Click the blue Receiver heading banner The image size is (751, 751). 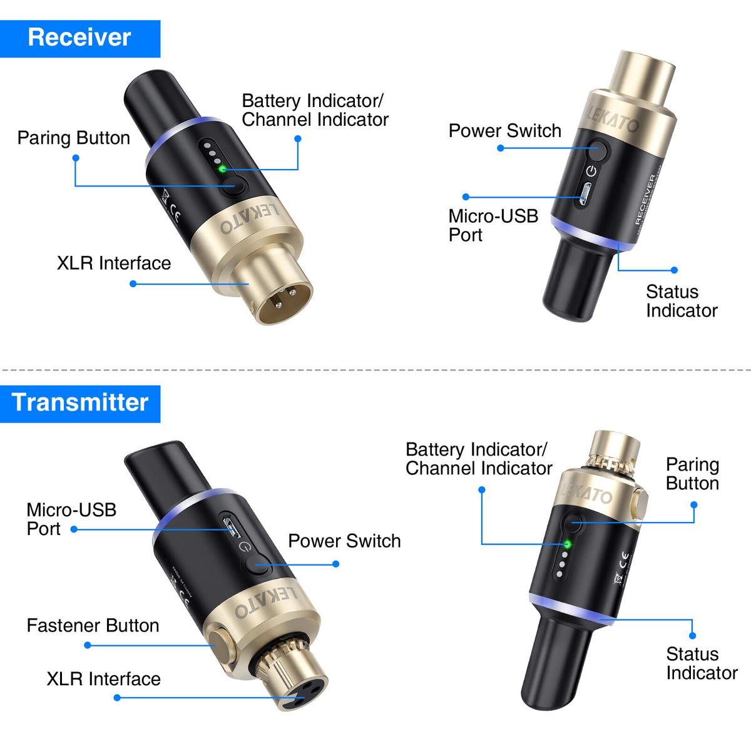(x=79, y=38)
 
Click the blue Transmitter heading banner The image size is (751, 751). (x=79, y=403)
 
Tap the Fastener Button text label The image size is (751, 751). (x=93, y=625)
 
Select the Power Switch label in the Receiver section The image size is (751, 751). (x=504, y=131)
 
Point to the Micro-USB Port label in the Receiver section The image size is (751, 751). (x=493, y=225)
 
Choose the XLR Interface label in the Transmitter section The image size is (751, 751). (x=103, y=679)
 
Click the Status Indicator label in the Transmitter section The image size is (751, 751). (x=701, y=663)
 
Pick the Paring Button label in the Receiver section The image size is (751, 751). (x=73, y=138)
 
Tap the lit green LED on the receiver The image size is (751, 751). (x=222, y=168)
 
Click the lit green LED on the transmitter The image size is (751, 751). (x=568, y=544)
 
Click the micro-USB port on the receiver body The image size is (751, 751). (x=585, y=195)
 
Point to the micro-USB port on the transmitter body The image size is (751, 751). (x=230, y=525)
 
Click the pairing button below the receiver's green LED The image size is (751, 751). (x=233, y=186)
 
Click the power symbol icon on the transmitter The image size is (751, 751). (x=245, y=546)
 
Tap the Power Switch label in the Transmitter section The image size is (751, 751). (x=344, y=541)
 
